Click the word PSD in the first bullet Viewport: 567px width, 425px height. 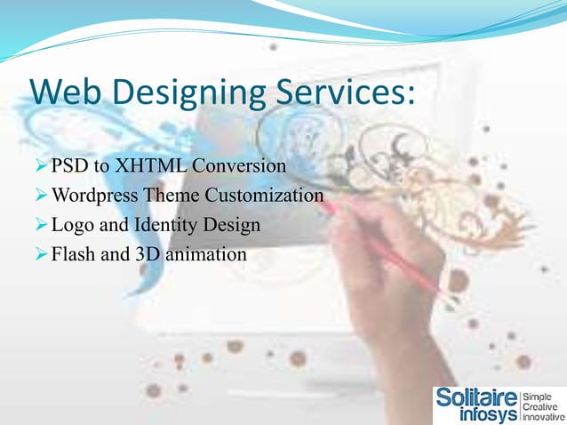coord(66,166)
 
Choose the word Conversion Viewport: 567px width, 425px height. coord(240,166)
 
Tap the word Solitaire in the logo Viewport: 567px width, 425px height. coord(475,397)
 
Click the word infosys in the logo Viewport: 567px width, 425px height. coord(488,414)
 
